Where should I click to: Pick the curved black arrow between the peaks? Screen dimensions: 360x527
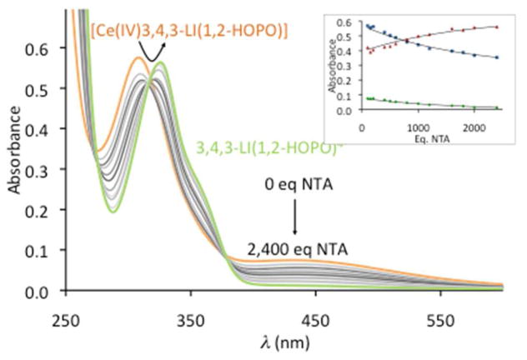[x=151, y=52]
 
